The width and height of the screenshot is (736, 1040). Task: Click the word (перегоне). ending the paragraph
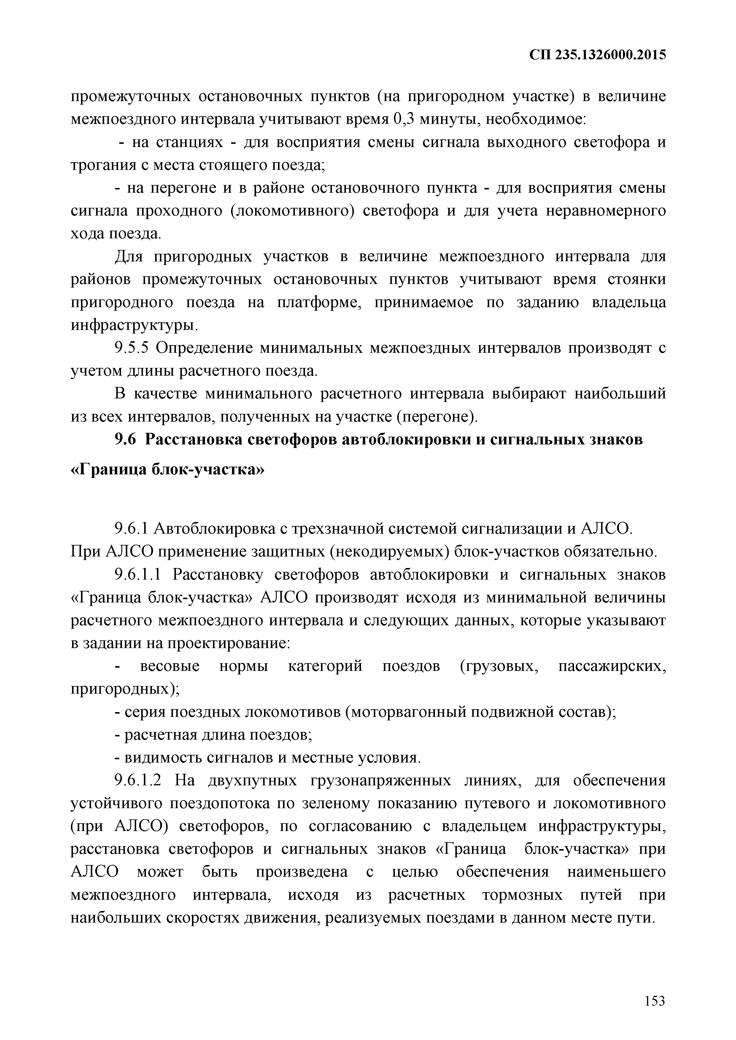pyautogui.click(x=436, y=416)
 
